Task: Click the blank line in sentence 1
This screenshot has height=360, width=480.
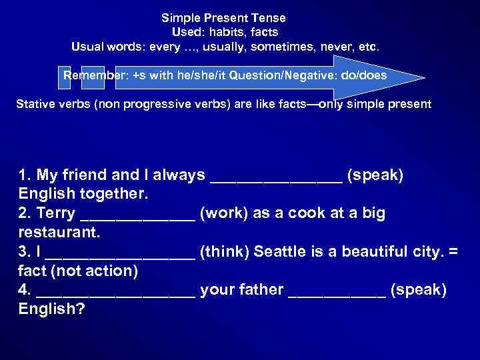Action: [x=277, y=176]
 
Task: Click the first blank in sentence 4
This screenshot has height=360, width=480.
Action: [x=117, y=291]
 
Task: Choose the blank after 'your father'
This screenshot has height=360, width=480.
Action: [x=337, y=291]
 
